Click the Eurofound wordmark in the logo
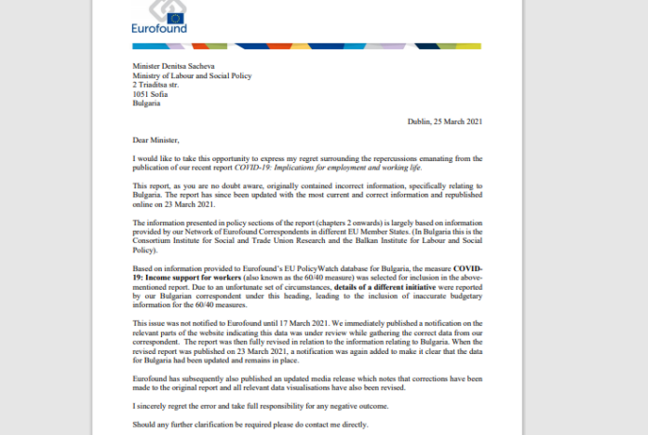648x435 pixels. tap(160, 28)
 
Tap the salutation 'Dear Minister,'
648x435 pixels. tap(157, 140)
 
